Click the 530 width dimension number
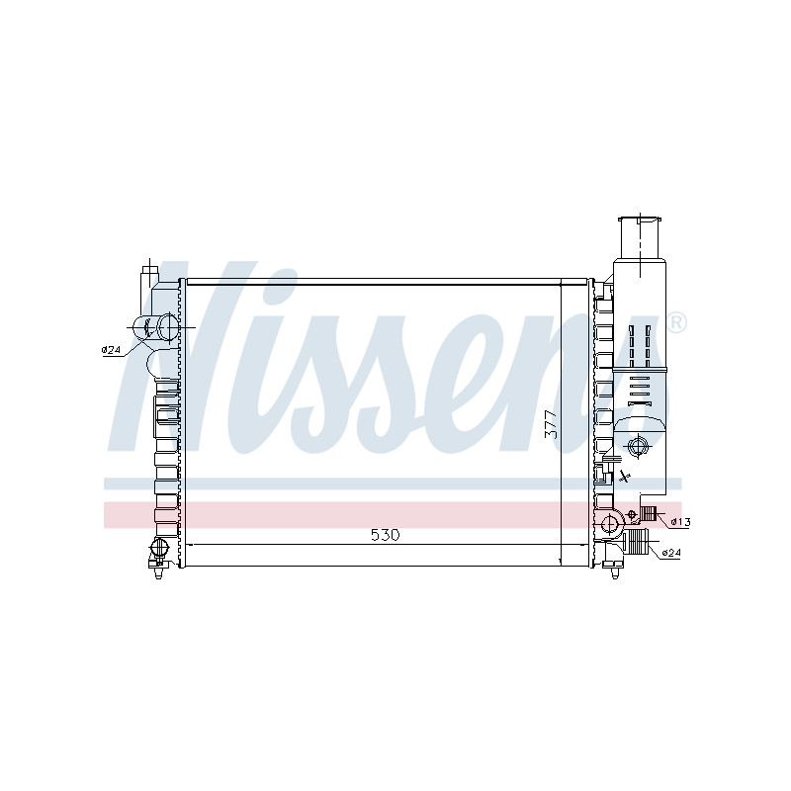[385, 535]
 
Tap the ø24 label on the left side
[112, 349]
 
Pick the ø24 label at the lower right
[670, 553]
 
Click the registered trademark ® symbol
[676, 323]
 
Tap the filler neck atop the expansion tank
[640, 238]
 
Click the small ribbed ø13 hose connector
[648, 514]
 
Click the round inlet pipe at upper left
[168, 327]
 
